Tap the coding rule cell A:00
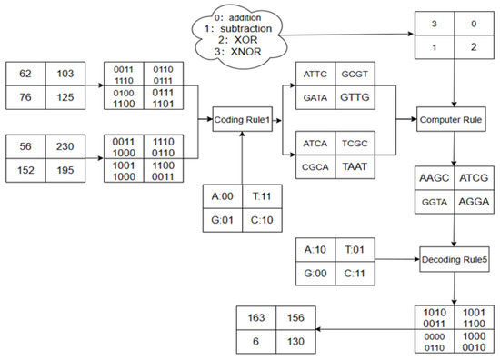click(x=223, y=205)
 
